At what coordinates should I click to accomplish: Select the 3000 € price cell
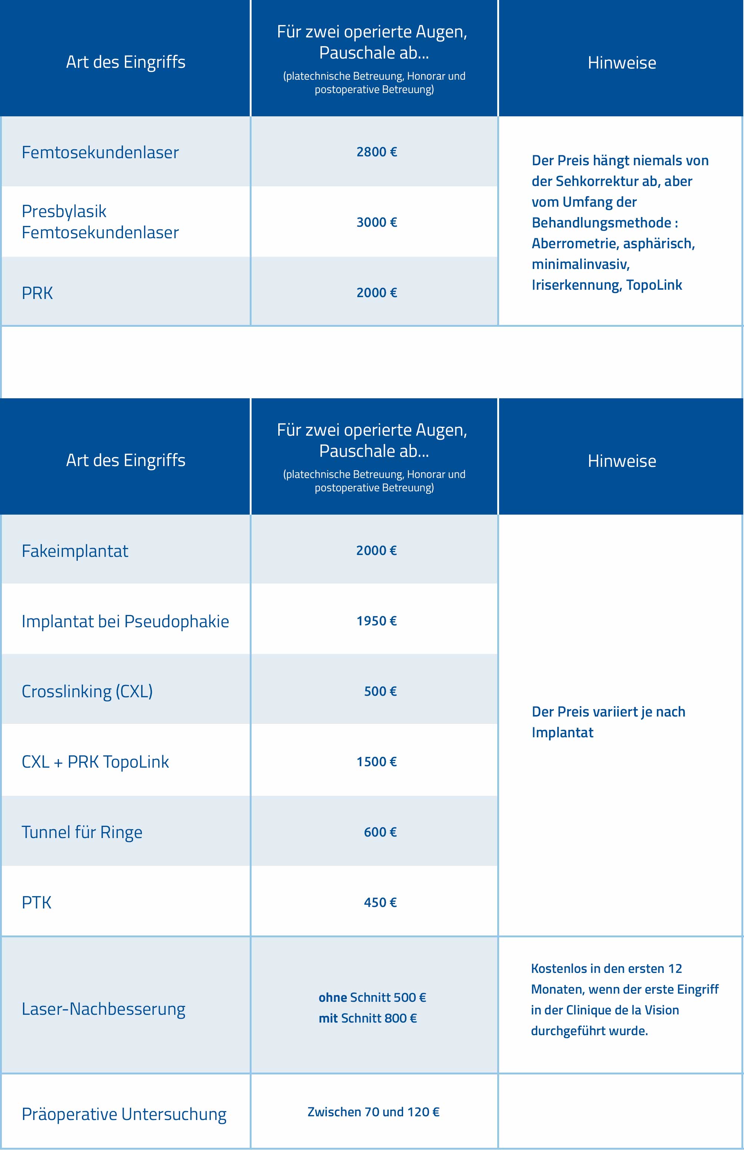(376, 222)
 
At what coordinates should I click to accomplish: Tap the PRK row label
(37, 293)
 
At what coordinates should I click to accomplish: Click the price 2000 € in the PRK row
(376, 293)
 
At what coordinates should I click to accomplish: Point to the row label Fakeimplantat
(75, 551)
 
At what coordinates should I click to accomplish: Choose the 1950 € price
(376, 621)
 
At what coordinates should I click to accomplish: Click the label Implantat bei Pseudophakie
(125, 622)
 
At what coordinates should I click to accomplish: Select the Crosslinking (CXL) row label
(87, 692)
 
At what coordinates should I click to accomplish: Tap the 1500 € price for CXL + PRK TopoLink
(376, 762)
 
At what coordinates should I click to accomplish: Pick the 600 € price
(380, 832)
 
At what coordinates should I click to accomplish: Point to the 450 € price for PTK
(380, 902)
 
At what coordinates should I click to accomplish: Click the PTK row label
(37, 903)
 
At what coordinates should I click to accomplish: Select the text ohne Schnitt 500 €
(372, 997)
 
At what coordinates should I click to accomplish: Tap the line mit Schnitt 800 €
(368, 1018)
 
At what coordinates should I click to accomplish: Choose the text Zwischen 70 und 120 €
(373, 1112)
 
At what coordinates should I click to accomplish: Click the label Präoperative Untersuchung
(124, 1114)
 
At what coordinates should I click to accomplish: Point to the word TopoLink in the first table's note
(654, 285)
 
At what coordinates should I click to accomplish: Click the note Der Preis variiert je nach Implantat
(608, 722)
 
